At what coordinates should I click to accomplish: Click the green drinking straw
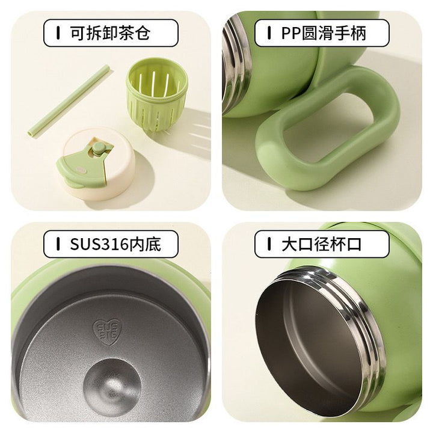pyautogui.click(x=69, y=100)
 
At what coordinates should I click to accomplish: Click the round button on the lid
pyautogui.click(x=99, y=148)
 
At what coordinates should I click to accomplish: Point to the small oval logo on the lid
pyautogui.click(x=81, y=170)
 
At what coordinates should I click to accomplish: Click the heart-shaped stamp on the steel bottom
pyautogui.click(x=106, y=331)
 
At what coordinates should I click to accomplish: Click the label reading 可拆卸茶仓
pyautogui.click(x=111, y=33)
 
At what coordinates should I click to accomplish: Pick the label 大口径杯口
pyautogui.click(x=322, y=244)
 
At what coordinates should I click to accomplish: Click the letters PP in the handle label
pyautogui.click(x=291, y=33)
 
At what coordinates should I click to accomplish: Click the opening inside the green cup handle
pyautogui.click(x=328, y=127)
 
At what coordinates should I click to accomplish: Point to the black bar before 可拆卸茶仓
pyautogui.click(x=58, y=33)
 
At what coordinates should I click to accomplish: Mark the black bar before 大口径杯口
pyautogui.click(x=269, y=244)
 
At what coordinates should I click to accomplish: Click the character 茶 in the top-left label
pyautogui.click(x=126, y=33)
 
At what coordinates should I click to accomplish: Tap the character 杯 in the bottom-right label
pyautogui.click(x=337, y=244)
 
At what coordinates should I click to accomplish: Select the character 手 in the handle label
pyautogui.click(x=342, y=33)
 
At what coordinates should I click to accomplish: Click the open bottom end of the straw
pyautogui.click(x=31, y=134)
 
